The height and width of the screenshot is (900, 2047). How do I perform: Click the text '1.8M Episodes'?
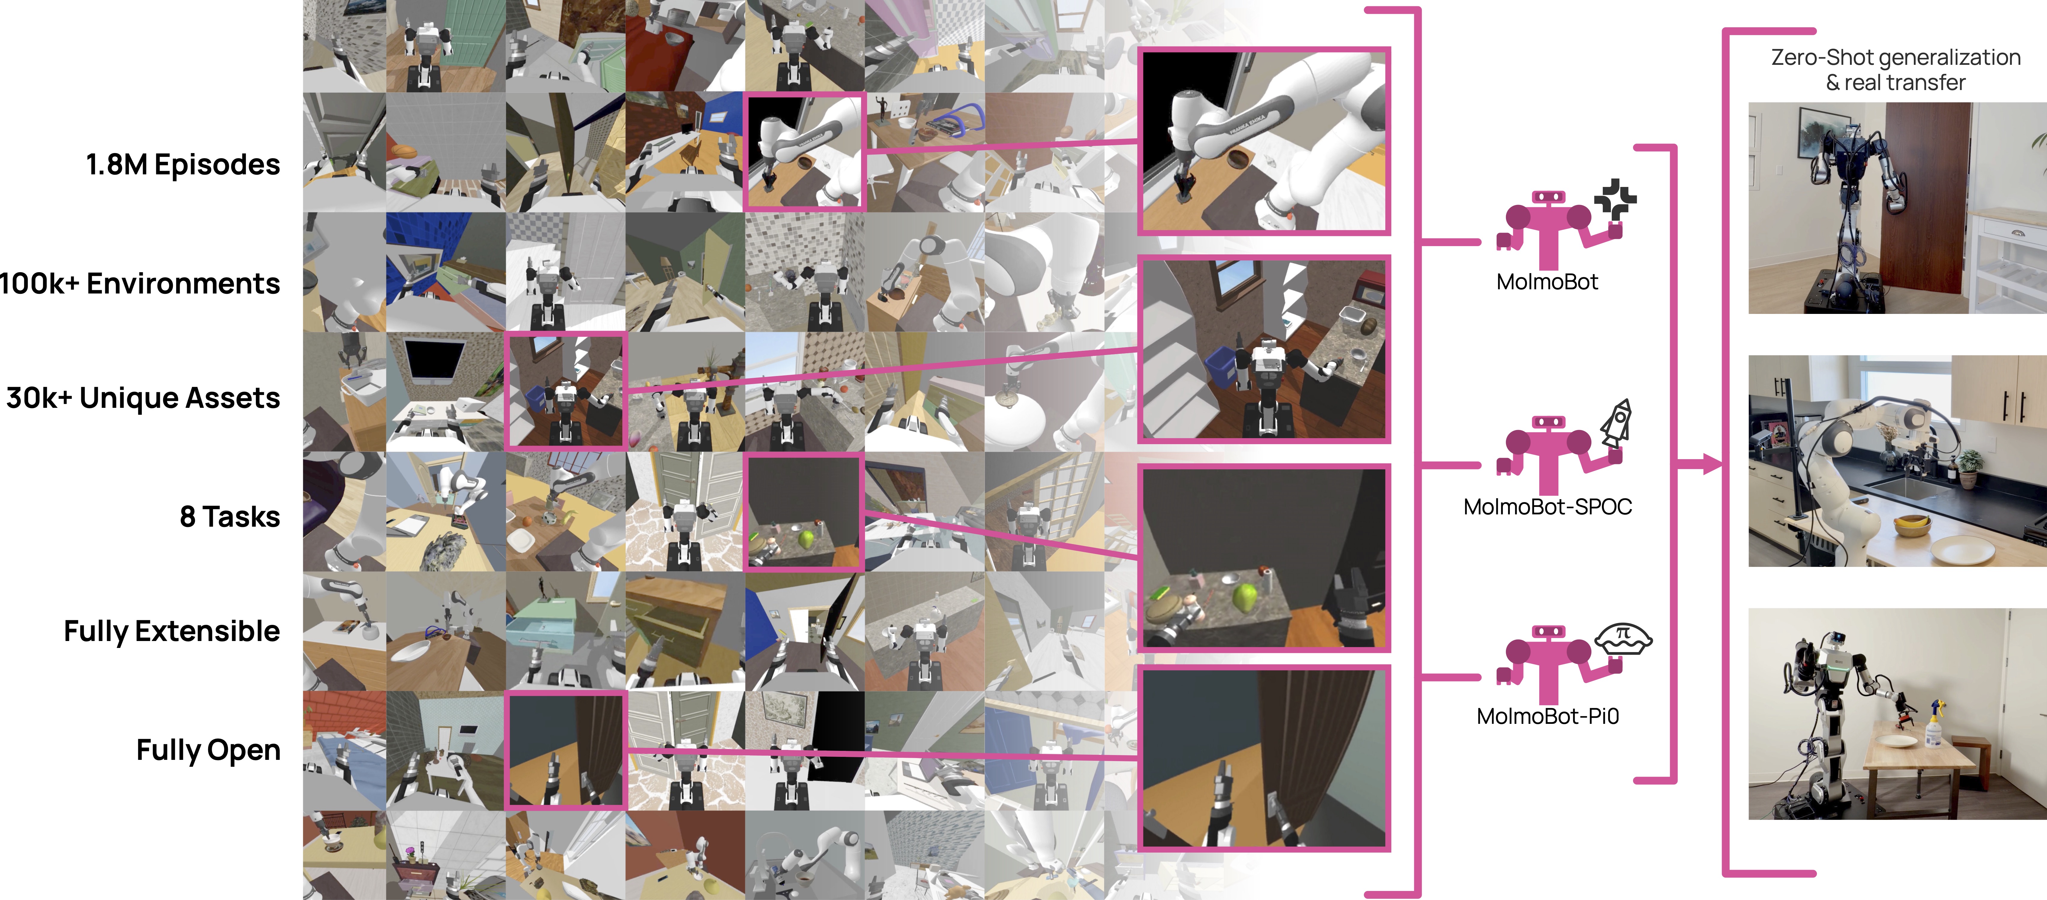183,164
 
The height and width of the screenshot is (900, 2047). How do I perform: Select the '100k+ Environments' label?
140,284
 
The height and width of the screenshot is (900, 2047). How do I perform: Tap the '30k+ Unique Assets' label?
143,398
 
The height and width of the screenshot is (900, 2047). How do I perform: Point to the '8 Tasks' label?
230,517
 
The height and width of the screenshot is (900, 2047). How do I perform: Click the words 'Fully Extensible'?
172,631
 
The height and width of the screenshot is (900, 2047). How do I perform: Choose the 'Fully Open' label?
208,750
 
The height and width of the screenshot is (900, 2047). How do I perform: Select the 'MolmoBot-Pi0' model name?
1547,716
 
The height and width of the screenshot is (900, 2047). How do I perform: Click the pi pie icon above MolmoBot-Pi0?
1624,638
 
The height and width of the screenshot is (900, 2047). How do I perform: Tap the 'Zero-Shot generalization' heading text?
1895,57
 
